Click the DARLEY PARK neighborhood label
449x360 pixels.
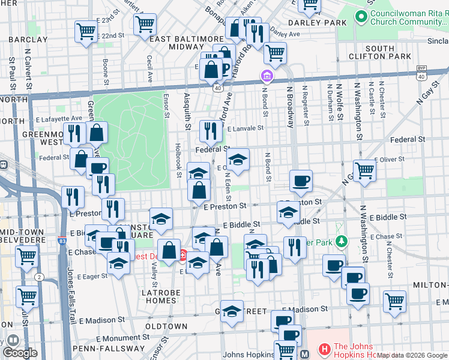pos(317,22)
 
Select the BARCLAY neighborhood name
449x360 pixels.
pos(28,39)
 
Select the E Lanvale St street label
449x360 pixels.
pos(243,128)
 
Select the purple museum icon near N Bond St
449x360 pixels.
pos(267,77)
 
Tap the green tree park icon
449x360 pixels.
pos(342,242)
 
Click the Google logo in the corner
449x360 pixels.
pos(20,353)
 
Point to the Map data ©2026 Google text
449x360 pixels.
pos(412,355)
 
